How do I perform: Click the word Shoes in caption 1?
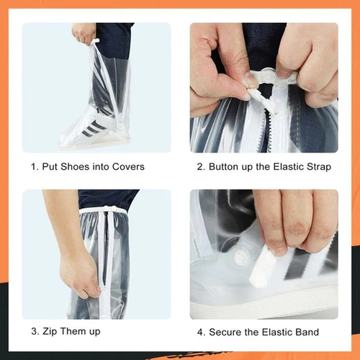point(79,166)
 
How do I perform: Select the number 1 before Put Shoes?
point(33,166)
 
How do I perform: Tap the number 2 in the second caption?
point(200,166)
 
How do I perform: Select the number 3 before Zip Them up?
point(33,331)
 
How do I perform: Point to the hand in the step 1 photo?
point(84,33)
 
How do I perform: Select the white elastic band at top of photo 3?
point(104,210)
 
